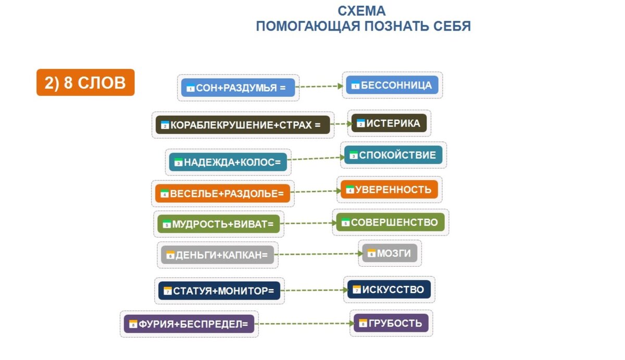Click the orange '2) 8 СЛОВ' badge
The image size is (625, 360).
[85, 82]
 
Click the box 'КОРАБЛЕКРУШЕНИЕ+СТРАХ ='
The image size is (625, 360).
[243, 125]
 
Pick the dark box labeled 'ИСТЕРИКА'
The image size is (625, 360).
[389, 123]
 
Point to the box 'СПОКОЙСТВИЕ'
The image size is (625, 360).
[393, 155]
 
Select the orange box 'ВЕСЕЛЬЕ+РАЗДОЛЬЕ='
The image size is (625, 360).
[223, 194]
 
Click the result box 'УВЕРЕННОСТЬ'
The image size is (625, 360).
[389, 190]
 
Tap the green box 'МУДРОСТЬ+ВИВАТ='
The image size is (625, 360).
[219, 224]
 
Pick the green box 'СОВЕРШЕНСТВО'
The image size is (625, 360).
[390, 222]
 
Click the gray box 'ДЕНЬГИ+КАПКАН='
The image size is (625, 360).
[218, 255]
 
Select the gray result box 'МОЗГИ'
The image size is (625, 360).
[390, 253]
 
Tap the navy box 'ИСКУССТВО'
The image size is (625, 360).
[389, 289]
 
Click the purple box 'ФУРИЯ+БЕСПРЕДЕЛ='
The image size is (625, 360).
[189, 324]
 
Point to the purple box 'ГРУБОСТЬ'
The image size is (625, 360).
[391, 323]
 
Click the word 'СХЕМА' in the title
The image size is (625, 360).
[361, 11]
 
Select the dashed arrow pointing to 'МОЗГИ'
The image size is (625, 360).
[318, 254]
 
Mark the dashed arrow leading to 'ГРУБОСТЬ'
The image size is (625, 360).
[305, 324]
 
